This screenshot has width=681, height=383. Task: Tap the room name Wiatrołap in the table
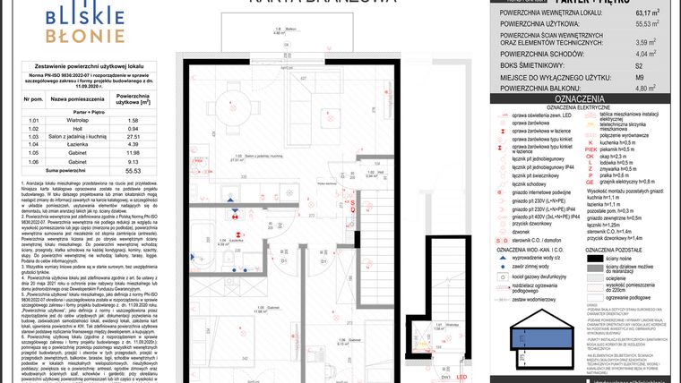(x=67, y=118)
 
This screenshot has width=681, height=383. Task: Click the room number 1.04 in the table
(x=34, y=144)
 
